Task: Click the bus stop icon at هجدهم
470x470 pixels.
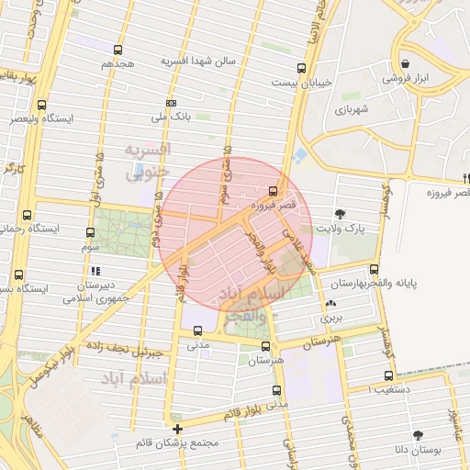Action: [117, 50]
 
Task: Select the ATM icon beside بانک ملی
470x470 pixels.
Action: [171, 103]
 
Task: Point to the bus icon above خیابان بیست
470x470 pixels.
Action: [302, 68]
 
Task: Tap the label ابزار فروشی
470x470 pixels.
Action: [406, 79]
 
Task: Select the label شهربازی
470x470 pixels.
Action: [351, 109]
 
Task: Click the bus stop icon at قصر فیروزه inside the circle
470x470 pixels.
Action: [273, 191]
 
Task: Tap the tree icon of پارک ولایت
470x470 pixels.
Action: [341, 213]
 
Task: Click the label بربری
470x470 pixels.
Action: [330, 318]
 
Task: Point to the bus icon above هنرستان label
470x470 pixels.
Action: [266, 346]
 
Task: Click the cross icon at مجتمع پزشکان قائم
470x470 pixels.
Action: [177, 429]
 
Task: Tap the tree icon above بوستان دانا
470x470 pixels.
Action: [419, 435]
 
